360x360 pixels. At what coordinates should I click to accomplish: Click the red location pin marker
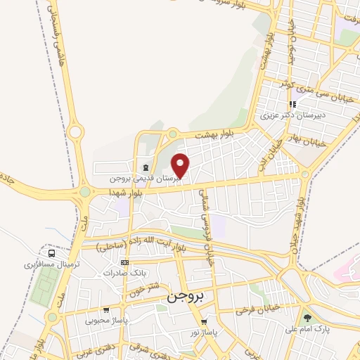[x=181, y=165]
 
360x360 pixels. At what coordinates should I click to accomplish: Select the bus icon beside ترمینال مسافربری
[x=51, y=253]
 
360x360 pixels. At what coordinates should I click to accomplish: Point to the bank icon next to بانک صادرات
[x=125, y=262]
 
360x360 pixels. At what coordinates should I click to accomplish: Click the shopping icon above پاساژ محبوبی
[x=105, y=309]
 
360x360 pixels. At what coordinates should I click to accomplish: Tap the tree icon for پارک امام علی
[x=307, y=318]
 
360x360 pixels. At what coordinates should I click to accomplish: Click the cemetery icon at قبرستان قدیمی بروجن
[x=145, y=167]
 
